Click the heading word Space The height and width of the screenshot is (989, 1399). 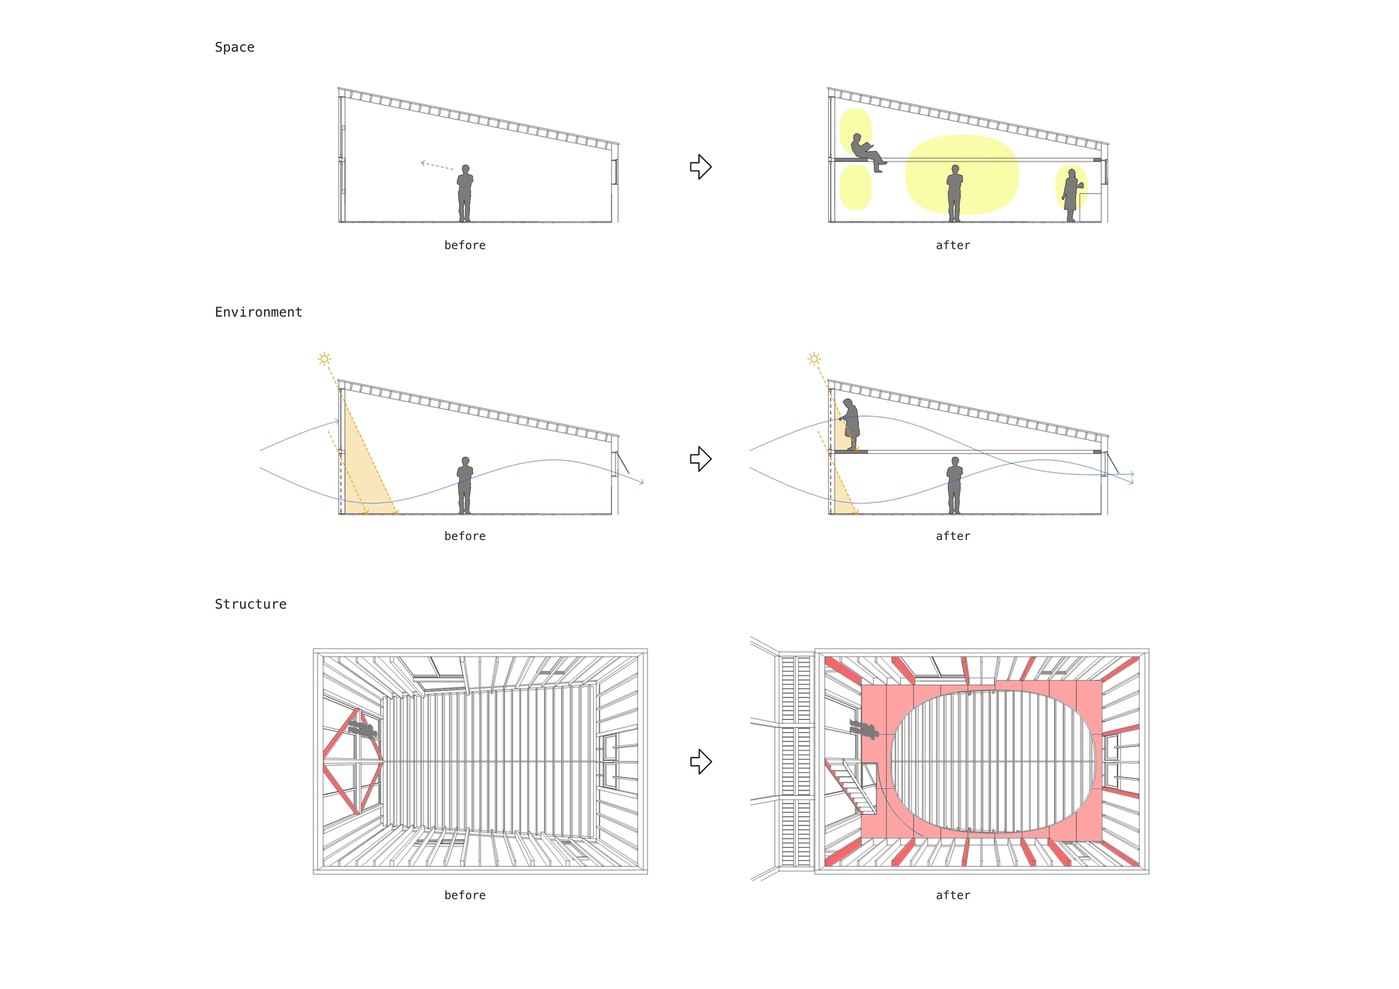click(x=234, y=48)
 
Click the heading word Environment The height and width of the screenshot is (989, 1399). click(x=258, y=312)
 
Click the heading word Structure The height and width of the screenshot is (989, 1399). click(x=250, y=604)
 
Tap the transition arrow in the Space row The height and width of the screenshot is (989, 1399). click(x=700, y=166)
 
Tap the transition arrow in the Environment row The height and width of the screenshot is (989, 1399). click(x=700, y=459)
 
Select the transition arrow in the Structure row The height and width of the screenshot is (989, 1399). click(x=700, y=761)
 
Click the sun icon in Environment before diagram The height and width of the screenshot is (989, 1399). click(x=324, y=359)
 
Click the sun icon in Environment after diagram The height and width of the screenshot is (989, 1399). click(x=814, y=359)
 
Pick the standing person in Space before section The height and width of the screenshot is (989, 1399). click(x=464, y=194)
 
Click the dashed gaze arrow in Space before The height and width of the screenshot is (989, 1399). click(x=436, y=166)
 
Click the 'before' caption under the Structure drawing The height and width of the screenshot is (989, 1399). click(x=464, y=895)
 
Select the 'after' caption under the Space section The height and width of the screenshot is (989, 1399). click(x=953, y=246)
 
